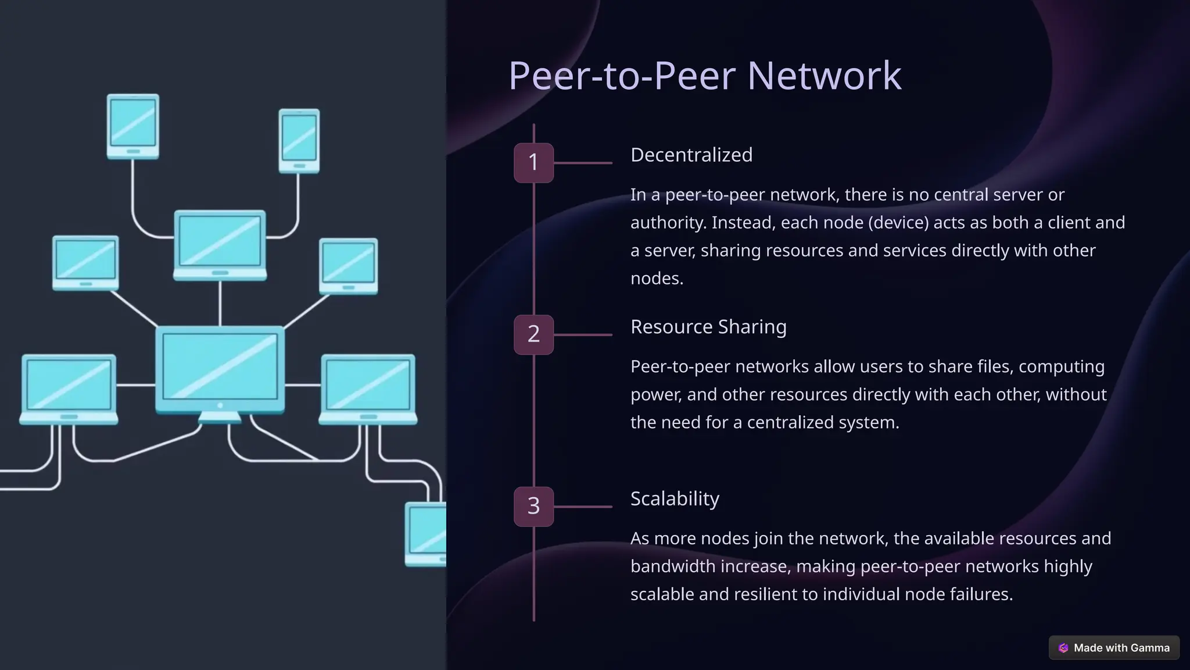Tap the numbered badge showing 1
tap(533, 162)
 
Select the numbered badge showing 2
tap(533, 334)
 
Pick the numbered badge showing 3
tap(533, 506)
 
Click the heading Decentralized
tap(691, 155)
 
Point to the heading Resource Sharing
tap(708, 327)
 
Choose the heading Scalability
tap(674, 498)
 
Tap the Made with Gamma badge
tap(1114, 647)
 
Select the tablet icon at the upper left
tap(133, 126)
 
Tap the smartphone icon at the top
tap(299, 140)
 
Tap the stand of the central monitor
tap(220, 417)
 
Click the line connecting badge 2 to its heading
tap(582, 335)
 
